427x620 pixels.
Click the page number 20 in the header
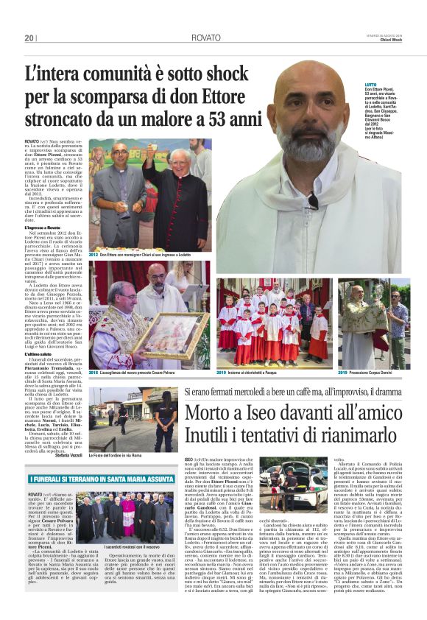29,38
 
